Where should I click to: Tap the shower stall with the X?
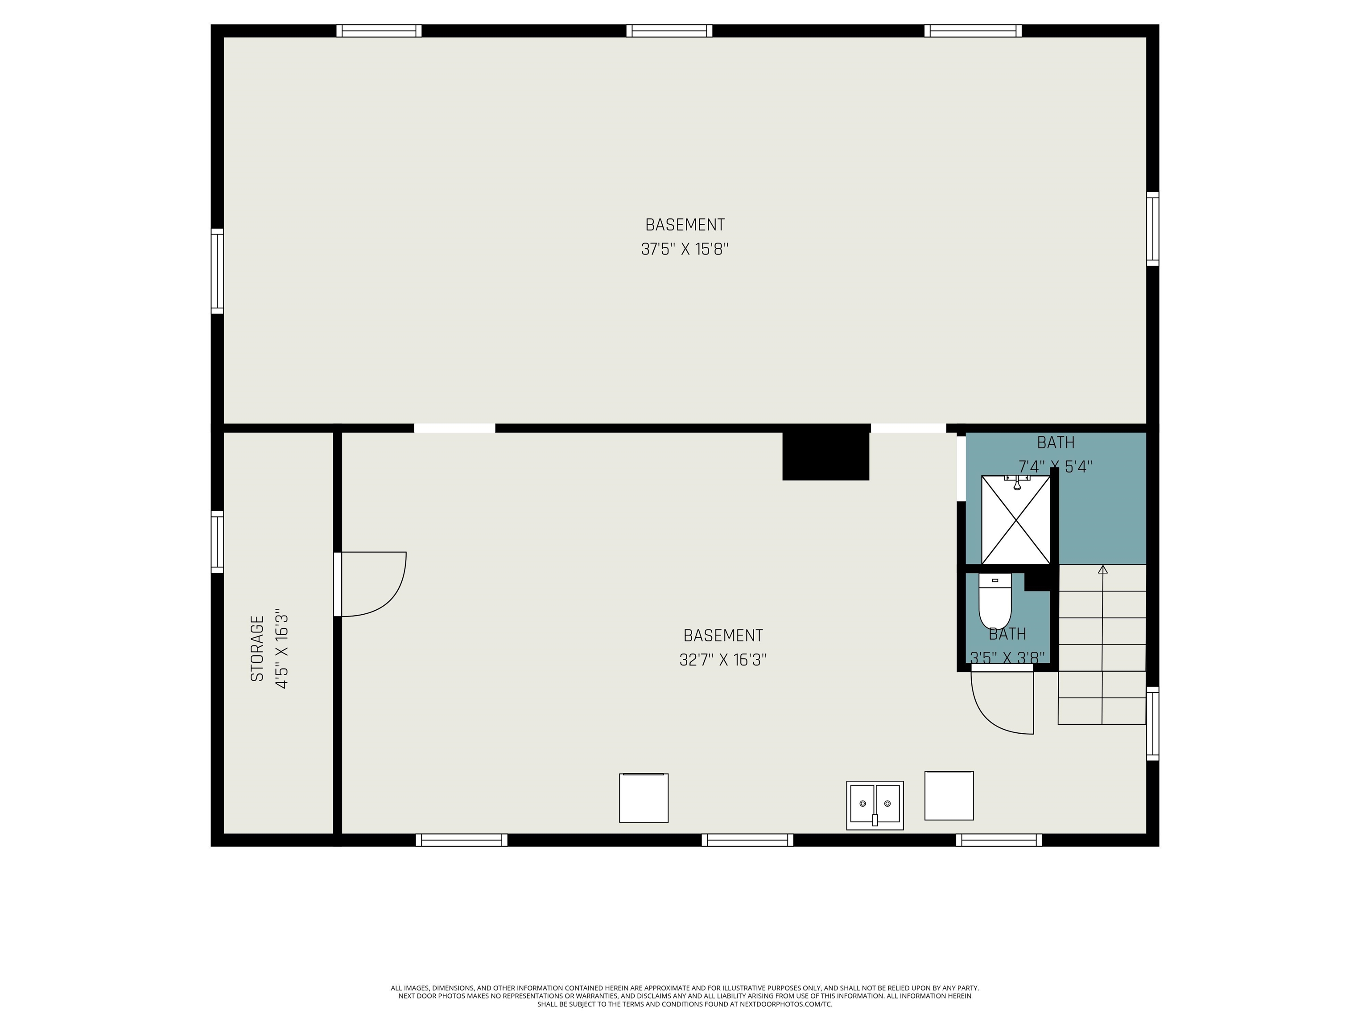(x=1016, y=520)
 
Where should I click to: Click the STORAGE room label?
(x=257, y=648)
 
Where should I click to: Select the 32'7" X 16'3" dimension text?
(x=723, y=660)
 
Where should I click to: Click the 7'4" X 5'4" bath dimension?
(x=1055, y=467)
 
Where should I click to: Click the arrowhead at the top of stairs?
(x=1102, y=569)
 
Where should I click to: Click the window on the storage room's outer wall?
(x=217, y=542)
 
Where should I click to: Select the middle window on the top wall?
(x=669, y=31)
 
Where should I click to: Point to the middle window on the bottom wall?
(x=747, y=840)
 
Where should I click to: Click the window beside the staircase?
(x=1153, y=723)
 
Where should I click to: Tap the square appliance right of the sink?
(x=949, y=796)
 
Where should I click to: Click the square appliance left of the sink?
(x=644, y=798)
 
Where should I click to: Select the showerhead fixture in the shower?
(x=1017, y=483)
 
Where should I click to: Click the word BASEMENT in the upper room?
(x=685, y=225)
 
